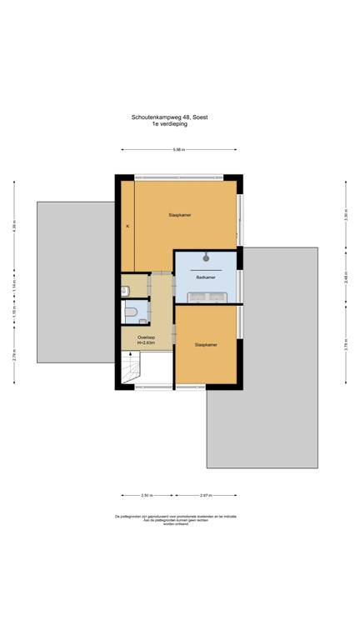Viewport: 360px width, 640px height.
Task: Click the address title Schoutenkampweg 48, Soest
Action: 169,117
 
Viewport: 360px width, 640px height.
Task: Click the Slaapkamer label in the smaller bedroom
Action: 206,343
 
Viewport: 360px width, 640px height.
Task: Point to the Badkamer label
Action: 206,277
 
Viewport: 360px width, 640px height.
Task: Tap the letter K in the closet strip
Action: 127,226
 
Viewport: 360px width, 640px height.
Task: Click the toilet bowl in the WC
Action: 130,312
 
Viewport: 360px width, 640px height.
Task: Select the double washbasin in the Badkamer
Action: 205,296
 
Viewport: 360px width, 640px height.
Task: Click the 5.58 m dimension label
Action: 178,150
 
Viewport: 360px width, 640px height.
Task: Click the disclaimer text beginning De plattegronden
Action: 176,520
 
